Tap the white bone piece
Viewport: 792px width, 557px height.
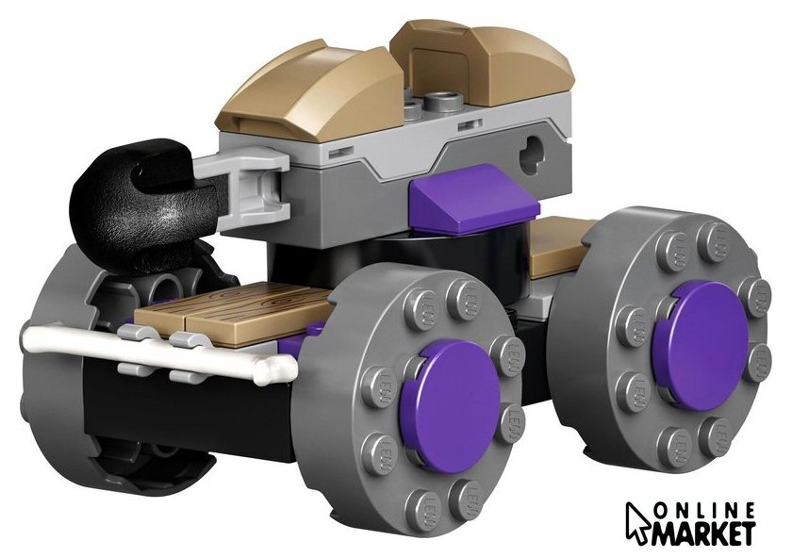(157, 351)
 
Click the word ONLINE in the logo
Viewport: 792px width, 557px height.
(704, 511)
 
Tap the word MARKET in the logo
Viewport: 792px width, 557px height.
(704, 533)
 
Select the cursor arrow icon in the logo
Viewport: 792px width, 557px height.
(639, 524)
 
